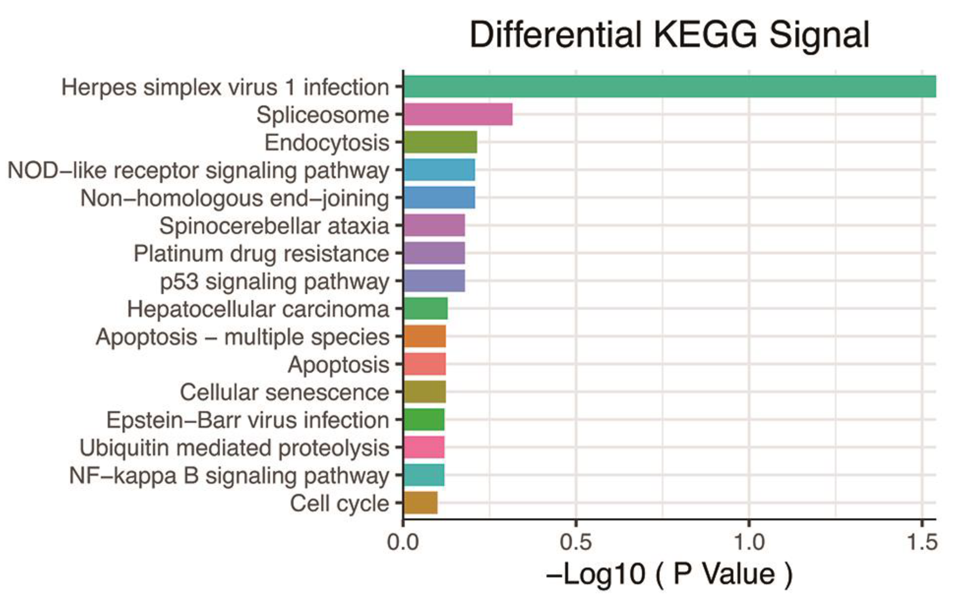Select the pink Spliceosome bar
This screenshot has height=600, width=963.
point(458,114)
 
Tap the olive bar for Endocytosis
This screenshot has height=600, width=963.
point(440,142)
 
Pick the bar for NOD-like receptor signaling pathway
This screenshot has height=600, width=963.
point(439,170)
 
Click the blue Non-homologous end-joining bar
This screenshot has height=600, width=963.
point(439,198)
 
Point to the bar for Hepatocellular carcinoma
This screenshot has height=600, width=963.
point(425,308)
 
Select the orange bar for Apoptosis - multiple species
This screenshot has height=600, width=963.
point(425,336)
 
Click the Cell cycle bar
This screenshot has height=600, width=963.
point(421,503)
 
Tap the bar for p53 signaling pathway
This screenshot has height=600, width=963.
point(434,280)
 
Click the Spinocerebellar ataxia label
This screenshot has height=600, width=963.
point(274,226)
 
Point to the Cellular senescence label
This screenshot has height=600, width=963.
point(284,392)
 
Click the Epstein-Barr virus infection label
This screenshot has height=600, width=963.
point(248,420)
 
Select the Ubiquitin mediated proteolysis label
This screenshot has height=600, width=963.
point(234,448)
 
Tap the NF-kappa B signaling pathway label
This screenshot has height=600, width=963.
point(229,476)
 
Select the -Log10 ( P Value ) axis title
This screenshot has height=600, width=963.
point(669,574)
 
